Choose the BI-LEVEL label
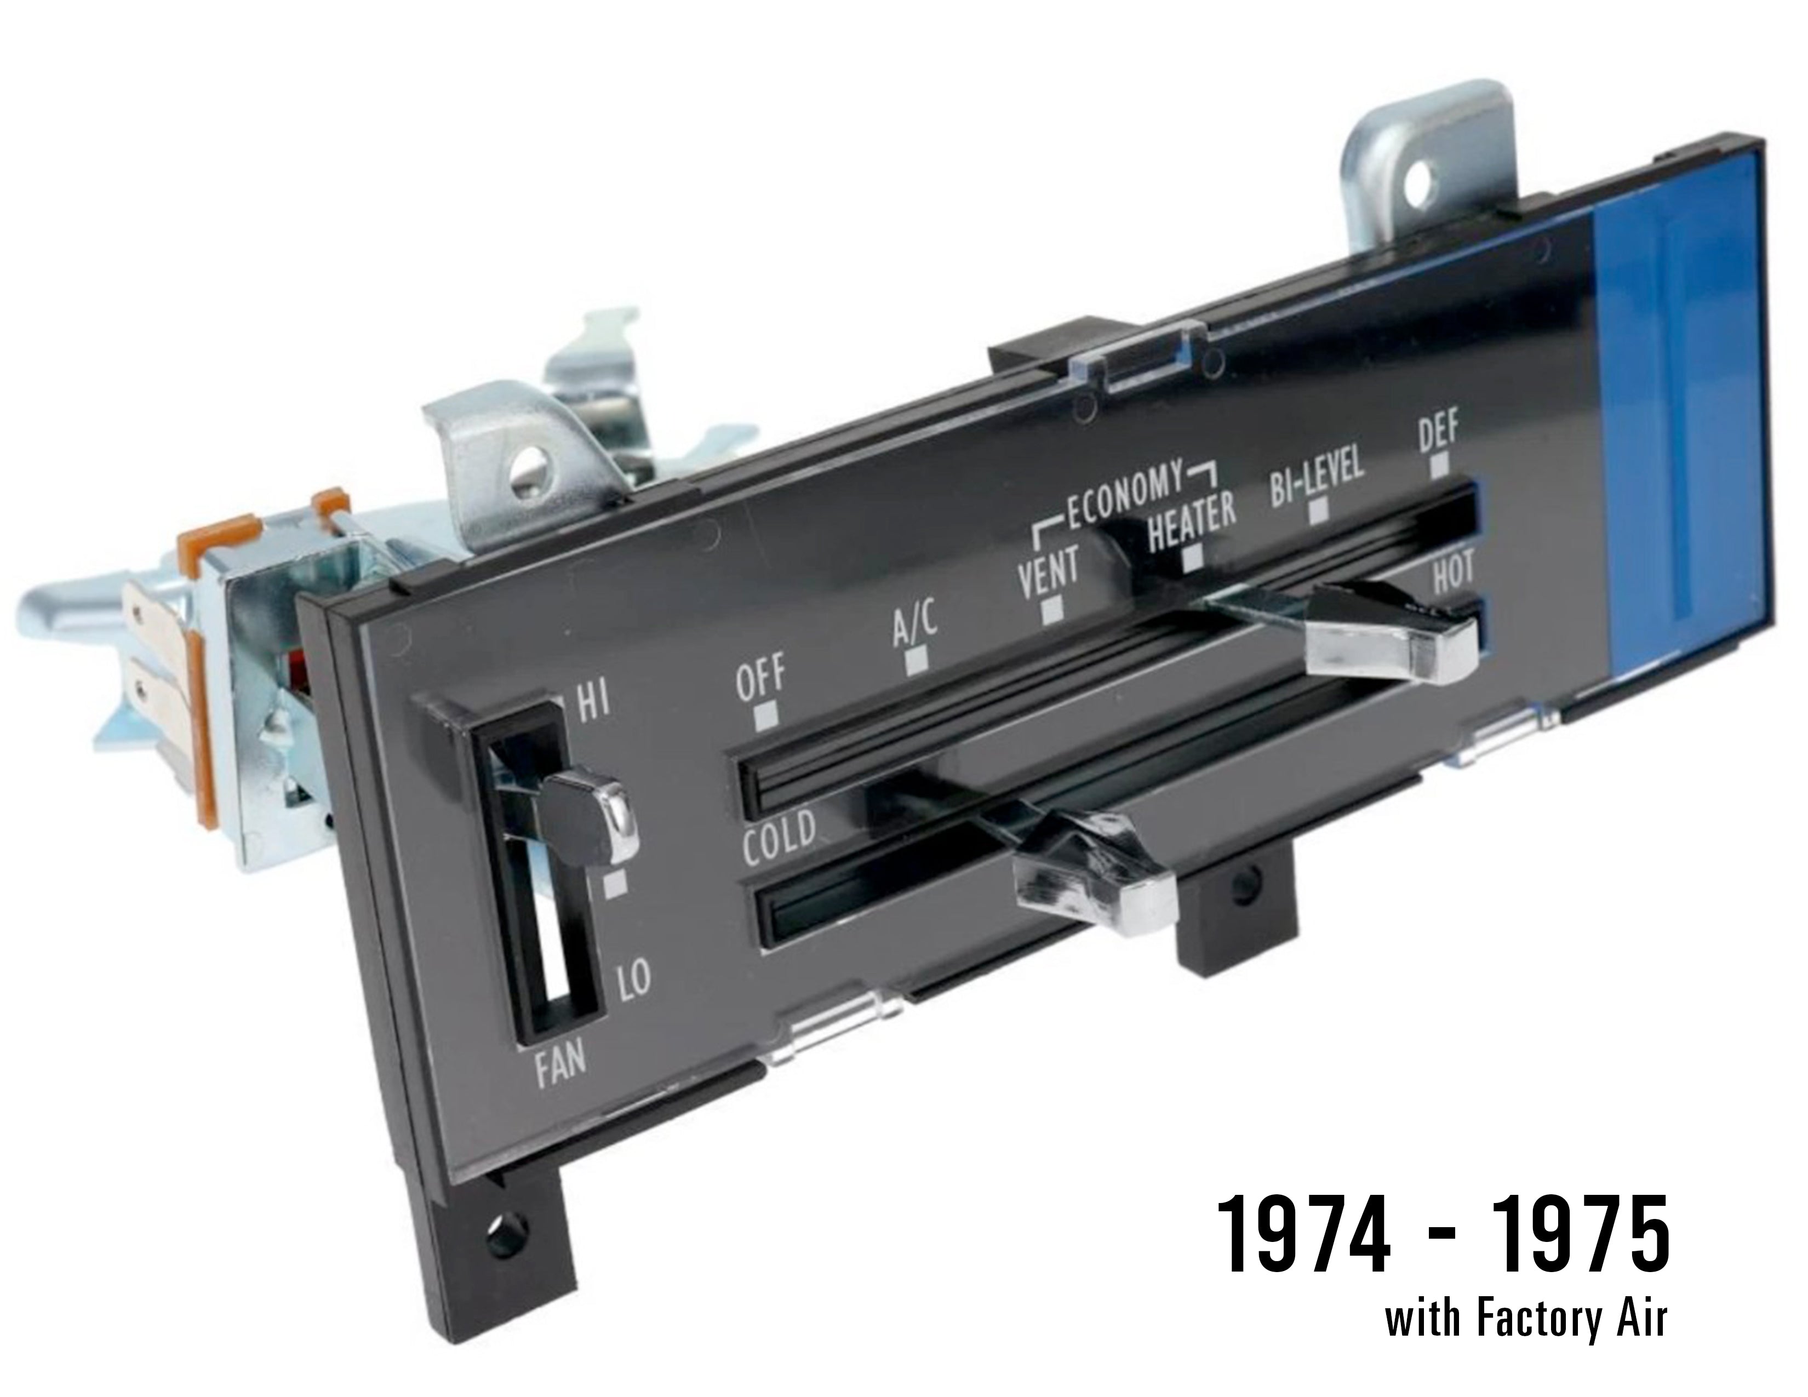(1316, 481)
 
